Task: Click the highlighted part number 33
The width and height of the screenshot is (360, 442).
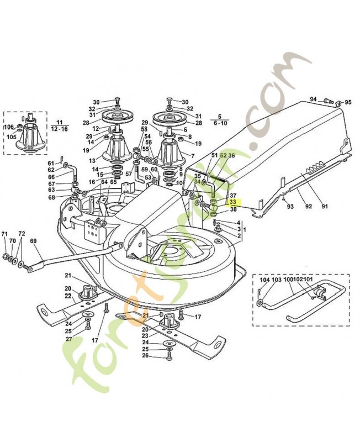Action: (232, 202)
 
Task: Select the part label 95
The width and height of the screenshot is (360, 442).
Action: (348, 102)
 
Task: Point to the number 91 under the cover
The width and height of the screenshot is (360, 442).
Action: (325, 207)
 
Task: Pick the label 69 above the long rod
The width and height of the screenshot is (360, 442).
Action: (33, 241)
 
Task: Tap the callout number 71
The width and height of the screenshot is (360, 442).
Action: (4, 234)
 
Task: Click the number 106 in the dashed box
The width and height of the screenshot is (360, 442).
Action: (9, 127)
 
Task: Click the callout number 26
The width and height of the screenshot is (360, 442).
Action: (145, 355)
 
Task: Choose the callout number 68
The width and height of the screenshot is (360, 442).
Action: (51, 198)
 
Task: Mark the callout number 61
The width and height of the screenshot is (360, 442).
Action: (51, 163)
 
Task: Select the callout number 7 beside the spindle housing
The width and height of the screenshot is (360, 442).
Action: (192, 155)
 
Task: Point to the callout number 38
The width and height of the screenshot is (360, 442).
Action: (232, 210)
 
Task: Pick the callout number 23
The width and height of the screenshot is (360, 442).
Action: (145, 335)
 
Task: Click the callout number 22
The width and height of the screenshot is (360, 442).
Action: (68, 296)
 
